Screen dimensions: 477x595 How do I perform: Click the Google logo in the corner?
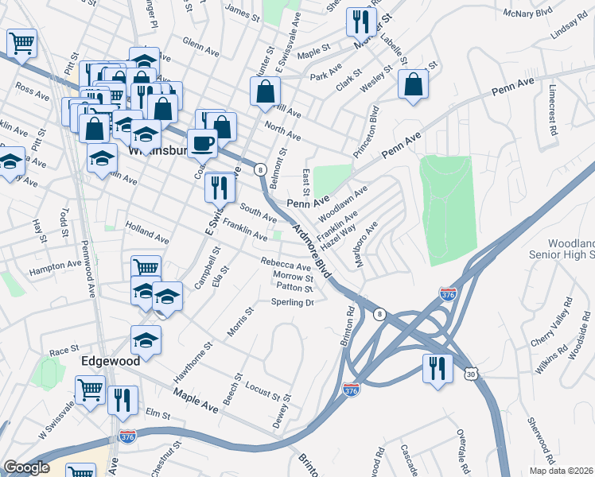(25, 467)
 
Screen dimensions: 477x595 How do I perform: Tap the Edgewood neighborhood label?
(111, 360)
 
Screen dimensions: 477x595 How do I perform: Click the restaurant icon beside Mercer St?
(361, 21)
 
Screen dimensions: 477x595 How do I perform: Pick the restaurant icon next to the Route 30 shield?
(437, 370)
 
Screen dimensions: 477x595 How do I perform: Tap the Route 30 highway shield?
(472, 374)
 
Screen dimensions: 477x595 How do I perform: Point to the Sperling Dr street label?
(293, 302)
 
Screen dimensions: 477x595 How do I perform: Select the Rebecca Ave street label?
(286, 265)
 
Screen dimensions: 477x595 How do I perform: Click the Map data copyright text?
(562, 471)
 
